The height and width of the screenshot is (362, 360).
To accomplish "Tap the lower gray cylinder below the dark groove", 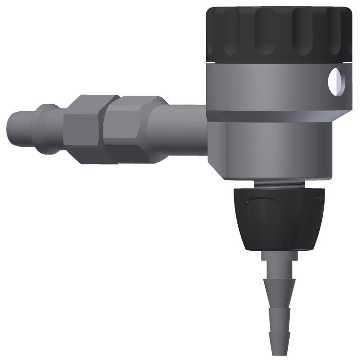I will [274, 148].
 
